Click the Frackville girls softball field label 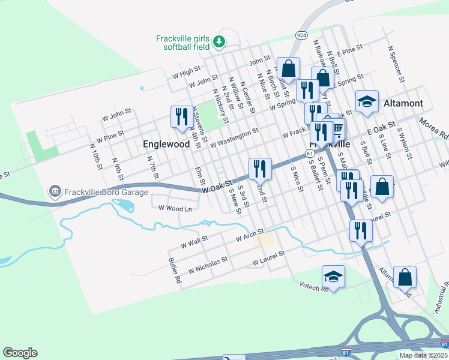pyautogui.click(x=182, y=41)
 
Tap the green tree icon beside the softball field pyautogui.click(x=220, y=41)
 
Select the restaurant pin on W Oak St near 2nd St pyautogui.click(x=260, y=169)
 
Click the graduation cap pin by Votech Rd pyautogui.click(x=333, y=277)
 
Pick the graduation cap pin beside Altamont pyautogui.click(x=367, y=102)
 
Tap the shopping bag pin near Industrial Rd pyautogui.click(x=406, y=277)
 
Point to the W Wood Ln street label pyautogui.click(x=175, y=208)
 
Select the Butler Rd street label pyautogui.click(x=175, y=271)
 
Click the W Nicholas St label pyautogui.click(x=208, y=264)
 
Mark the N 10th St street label pyautogui.click(x=95, y=155)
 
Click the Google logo pyautogui.click(x=20, y=353)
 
